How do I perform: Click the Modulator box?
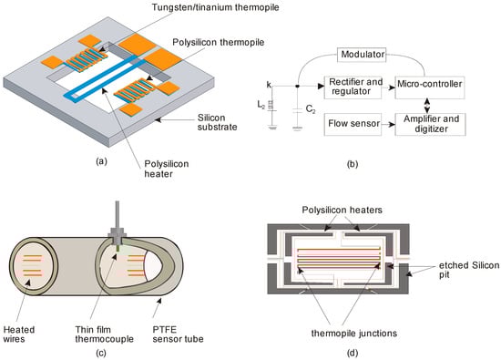[362, 55]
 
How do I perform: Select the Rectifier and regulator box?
[353, 87]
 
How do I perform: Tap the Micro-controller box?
[430, 87]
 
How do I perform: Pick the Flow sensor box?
[353, 124]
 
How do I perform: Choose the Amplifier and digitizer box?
[430, 124]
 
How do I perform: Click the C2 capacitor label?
[311, 109]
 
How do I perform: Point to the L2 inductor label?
[261, 105]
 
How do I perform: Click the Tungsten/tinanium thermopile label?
[216, 7]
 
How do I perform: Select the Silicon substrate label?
[218, 122]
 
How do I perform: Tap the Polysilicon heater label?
[166, 169]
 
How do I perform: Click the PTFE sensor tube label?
[178, 334]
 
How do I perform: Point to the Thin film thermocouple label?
[105, 334]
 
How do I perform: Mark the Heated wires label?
[19, 334]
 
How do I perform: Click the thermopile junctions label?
[354, 334]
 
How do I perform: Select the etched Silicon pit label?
[469, 270]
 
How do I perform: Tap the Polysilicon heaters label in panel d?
[343, 210]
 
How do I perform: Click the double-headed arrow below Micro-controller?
[427, 106]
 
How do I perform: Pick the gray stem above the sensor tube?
[118, 214]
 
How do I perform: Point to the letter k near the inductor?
[269, 85]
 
